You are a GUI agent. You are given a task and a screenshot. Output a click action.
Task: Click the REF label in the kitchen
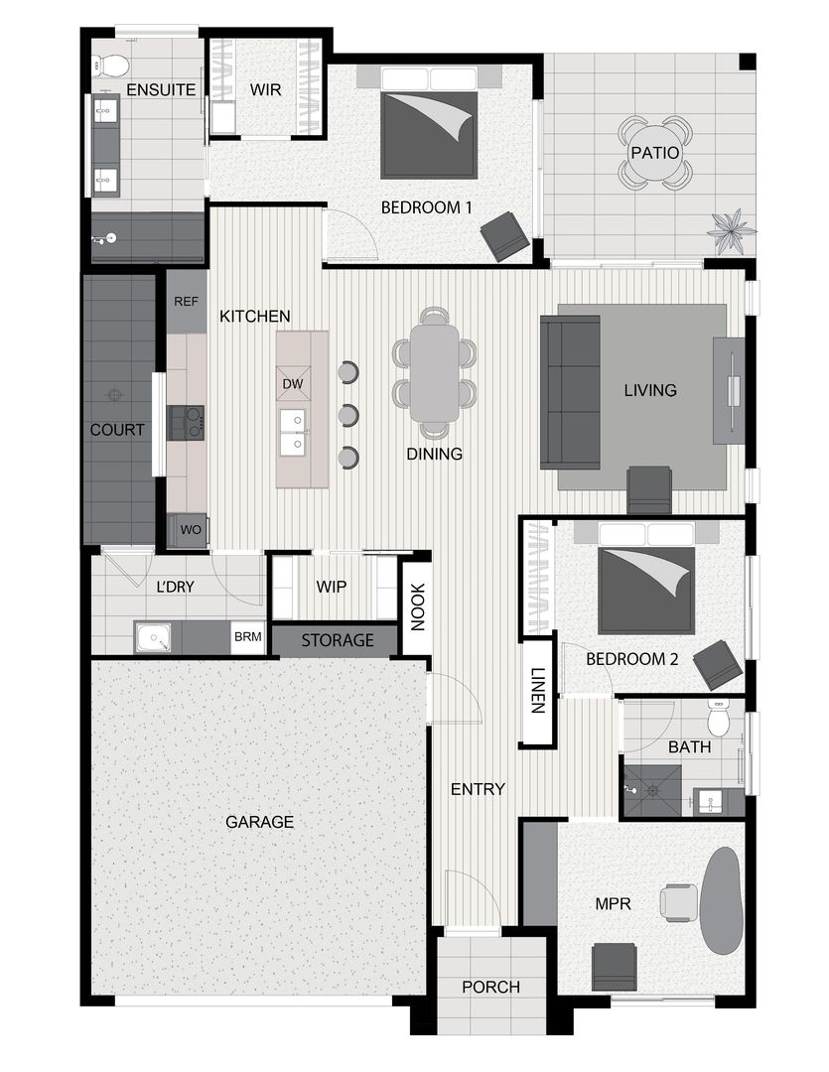[186, 301]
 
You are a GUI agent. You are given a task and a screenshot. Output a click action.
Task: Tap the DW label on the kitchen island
[292, 384]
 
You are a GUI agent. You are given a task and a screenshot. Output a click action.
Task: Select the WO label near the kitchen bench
[191, 530]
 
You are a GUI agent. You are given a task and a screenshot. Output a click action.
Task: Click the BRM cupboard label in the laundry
[246, 637]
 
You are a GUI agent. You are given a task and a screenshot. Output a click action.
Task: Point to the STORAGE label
[338, 641]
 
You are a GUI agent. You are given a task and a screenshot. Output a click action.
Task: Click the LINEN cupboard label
[537, 691]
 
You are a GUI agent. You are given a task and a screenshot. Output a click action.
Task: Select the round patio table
[654, 154]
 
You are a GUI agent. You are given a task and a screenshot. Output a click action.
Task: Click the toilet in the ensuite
[112, 67]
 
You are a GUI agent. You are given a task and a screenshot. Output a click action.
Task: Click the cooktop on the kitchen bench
[186, 422]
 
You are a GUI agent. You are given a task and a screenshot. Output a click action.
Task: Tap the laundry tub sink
[154, 637]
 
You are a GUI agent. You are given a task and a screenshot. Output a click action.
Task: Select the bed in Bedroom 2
[645, 586]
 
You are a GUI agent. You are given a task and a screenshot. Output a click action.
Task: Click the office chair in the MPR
[680, 901]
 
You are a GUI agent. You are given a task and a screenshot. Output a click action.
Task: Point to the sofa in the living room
[570, 392]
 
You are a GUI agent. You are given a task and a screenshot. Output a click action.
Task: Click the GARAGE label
[259, 822]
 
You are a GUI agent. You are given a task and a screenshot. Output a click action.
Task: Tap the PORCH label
[490, 987]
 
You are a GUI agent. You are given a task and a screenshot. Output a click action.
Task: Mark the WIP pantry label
[331, 587]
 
